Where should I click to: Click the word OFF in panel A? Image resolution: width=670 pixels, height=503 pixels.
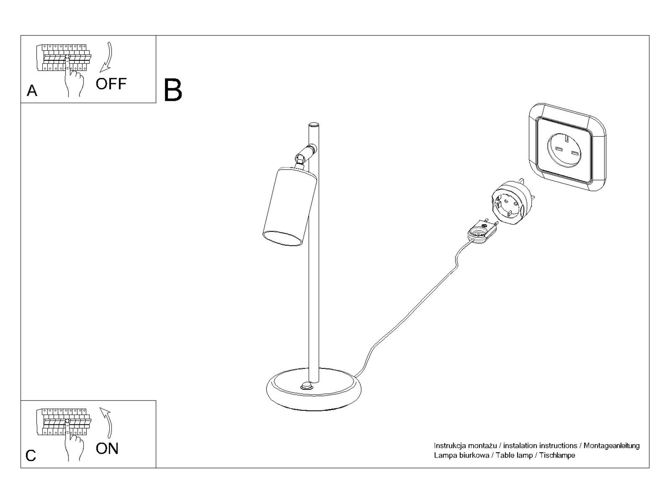tap(111, 84)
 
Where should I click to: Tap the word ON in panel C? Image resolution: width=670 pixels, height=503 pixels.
tap(107, 449)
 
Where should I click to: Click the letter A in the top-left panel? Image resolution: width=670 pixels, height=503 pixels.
tap(32, 91)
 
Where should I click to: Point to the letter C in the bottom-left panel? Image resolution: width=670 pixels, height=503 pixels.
tap(30, 456)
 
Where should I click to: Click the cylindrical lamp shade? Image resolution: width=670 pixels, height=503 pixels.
tap(289, 206)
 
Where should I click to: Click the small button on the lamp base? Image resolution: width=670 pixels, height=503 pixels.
tap(307, 386)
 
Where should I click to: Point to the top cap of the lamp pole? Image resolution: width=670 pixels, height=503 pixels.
tap(314, 125)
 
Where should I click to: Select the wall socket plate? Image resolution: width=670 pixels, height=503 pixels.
tap(567, 147)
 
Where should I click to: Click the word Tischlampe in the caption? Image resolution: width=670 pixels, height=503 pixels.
tap(557, 455)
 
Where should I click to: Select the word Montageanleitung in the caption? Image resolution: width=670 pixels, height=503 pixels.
tap(611, 446)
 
